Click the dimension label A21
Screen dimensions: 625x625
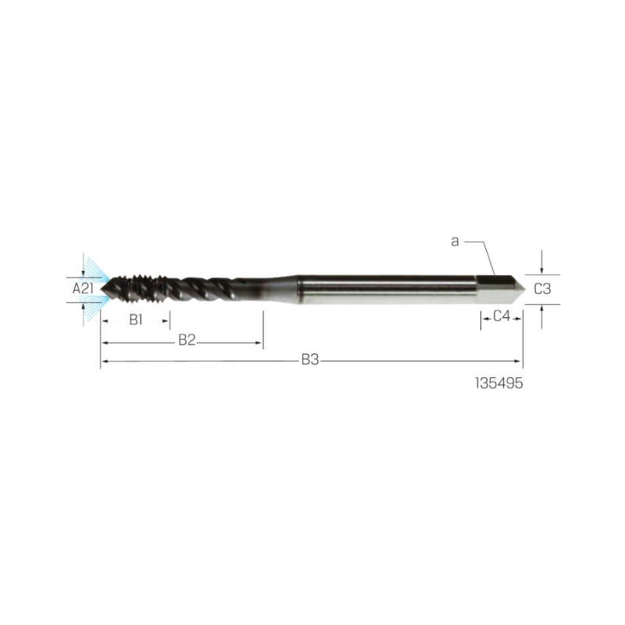click(83, 288)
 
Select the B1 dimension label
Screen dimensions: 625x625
click(136, 320)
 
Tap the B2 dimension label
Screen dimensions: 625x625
click(187, 341)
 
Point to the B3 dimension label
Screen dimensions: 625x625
click(310, 360)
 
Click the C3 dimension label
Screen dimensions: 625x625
click(542, 289)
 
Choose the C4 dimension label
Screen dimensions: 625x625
click(502, 316)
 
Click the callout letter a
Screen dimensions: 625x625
click(455, 241)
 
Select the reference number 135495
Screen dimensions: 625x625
click(499, 384)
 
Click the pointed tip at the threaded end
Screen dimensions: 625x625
click(101, 289)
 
